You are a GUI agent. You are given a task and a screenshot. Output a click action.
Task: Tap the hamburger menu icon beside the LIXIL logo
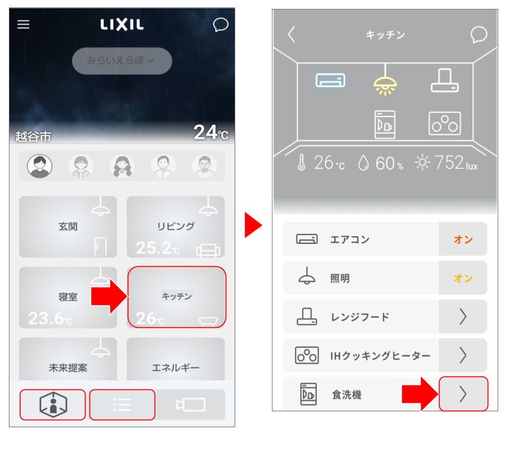[23, 24]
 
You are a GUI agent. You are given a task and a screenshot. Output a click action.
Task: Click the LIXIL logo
[122, 24]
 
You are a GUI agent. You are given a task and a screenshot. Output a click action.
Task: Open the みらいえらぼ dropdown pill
[122, 61]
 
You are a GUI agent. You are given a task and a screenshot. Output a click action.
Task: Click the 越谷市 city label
[33, 137]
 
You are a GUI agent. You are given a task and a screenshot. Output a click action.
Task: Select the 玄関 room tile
[68, 226]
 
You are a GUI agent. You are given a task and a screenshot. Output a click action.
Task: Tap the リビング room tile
[176, 226]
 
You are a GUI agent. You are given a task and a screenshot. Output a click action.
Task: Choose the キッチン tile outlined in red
[177, 297]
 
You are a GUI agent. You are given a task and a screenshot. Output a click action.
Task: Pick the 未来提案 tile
[68, 359]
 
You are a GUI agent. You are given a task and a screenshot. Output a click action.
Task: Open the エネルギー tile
[176, 359]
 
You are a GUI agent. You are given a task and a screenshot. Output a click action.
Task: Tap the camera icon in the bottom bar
[190, 404]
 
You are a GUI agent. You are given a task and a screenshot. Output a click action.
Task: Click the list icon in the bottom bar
[122, 404]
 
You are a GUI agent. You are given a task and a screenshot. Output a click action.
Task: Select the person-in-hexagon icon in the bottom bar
[53, 404]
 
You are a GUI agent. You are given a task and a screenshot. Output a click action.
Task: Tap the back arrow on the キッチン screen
[291, 34]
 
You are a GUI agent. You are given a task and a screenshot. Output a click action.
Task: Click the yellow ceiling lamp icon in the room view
[385, 85]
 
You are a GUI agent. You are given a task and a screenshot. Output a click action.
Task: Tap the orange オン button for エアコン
[463, 239]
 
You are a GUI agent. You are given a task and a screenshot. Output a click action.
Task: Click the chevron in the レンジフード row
[463, 316]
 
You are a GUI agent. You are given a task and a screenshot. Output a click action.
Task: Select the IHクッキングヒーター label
[380, 356]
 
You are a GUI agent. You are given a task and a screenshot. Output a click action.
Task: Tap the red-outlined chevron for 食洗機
[463, 394]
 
